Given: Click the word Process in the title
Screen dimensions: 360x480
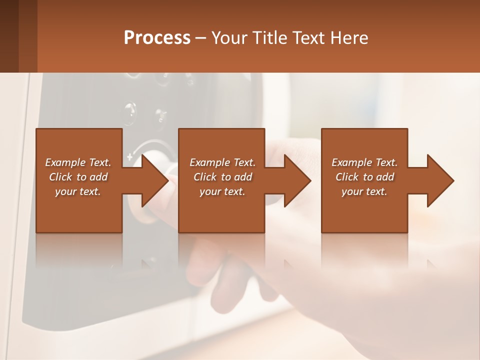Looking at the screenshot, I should pos(157,37).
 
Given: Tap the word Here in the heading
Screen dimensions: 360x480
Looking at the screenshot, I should pos(350,37).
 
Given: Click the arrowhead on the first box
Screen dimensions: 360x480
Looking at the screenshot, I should pos(152,180).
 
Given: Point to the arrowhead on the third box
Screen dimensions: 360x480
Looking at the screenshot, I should pos(438,180).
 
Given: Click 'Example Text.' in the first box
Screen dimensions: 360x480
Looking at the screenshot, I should pos(78,162).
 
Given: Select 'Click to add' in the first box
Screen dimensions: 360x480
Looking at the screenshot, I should pos(78,177).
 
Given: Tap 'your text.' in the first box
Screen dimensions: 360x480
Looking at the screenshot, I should pos(78,191).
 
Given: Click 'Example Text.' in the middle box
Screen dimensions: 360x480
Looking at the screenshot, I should pos(222,162).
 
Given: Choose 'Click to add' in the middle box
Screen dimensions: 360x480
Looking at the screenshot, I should pos(222,177).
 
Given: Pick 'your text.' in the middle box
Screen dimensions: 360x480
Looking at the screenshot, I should pos(222,191).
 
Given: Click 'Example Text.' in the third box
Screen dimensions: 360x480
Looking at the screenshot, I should pos(364,162).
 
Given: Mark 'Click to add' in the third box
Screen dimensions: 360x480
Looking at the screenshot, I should pos(364,177).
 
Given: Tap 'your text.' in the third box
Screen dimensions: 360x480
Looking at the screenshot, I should pos(364,191).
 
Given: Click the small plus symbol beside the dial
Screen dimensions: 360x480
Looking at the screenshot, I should pos(130,157).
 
